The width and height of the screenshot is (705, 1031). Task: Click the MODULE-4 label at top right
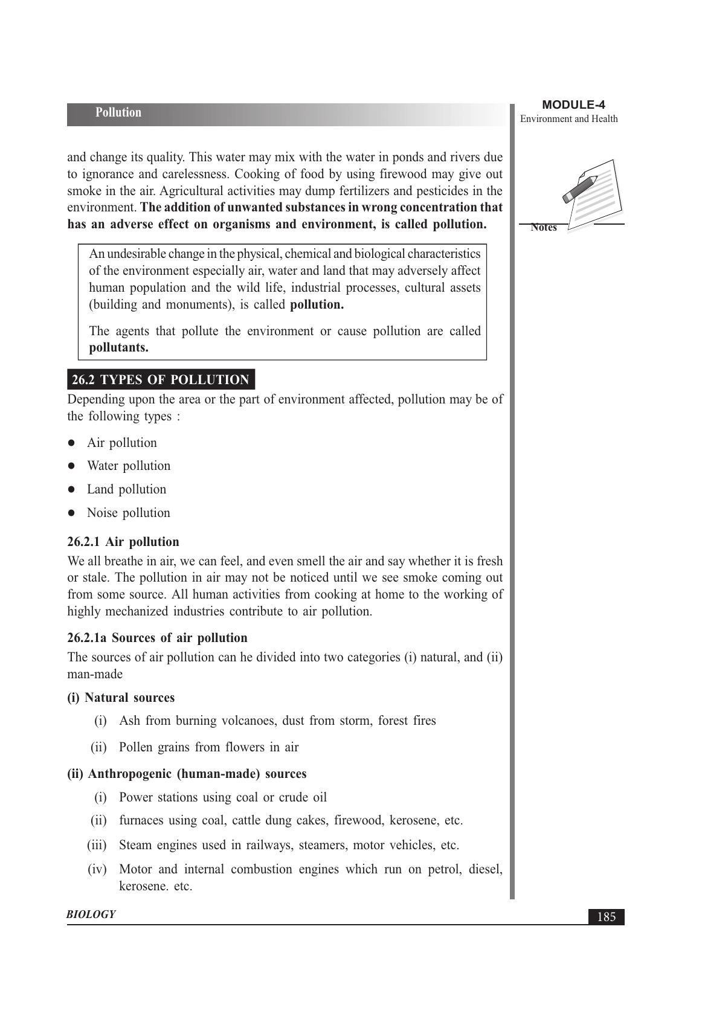[573, 105]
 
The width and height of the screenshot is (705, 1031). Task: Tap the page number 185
[606, 917]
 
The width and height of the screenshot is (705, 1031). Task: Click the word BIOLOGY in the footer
[91, 914]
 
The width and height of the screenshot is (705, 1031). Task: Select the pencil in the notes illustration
[579, 189]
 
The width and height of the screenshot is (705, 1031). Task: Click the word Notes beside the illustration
[544, 228]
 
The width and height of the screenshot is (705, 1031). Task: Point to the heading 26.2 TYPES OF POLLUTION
[160, 380]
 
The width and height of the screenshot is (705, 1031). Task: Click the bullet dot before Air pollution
[71, 443]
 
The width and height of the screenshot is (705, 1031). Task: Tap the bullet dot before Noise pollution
[71, 513]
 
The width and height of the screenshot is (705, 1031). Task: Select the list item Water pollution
[129, 466]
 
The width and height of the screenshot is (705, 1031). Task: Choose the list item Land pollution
[126, 489]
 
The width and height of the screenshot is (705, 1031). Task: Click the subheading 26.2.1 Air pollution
[123, 542]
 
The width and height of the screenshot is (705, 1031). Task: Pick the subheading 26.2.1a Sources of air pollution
[157, 638]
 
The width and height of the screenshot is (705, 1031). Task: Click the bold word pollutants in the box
[118, 348]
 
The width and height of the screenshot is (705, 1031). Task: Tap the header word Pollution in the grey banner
[118, 113]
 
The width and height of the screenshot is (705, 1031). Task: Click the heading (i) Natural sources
[121, 698]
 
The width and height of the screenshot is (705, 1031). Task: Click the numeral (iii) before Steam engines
[97, 845]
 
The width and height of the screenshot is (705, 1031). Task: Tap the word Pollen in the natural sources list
[136, 747]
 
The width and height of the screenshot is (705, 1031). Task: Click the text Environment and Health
[568, 119]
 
